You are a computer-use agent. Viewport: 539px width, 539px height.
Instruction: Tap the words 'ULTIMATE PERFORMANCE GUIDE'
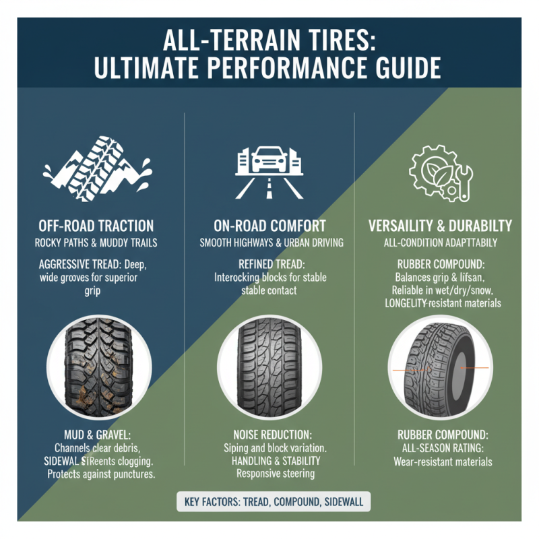tap(269, 69)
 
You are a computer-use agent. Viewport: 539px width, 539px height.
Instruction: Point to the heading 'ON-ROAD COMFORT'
tap(269, 226)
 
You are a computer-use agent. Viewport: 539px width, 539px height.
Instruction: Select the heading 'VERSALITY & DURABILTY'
tap(441, 226)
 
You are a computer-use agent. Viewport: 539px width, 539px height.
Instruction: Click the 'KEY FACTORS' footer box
tap(269, 503)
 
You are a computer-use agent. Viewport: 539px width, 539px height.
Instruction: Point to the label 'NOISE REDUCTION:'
tap(269, 435)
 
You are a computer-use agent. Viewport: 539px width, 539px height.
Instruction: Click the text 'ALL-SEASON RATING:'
tap(441, 449)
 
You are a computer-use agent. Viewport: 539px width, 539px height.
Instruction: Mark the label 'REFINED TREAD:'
tap(269, 265)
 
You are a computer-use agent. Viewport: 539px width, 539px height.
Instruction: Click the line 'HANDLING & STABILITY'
tap(269, 461)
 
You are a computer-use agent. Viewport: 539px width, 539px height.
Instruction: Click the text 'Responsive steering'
tap(269, 474)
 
